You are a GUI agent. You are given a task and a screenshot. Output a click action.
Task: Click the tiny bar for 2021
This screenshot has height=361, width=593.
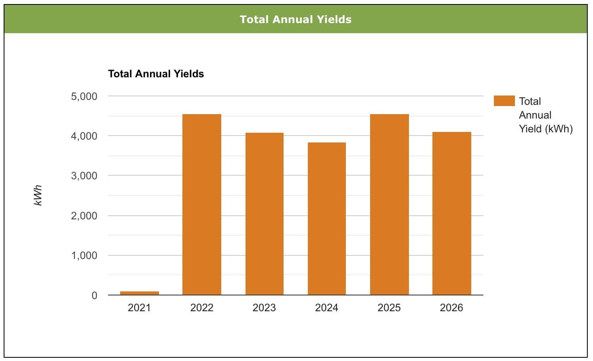click(140, 293)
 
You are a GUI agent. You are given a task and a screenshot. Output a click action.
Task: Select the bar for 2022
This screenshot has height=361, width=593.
click(202, 204)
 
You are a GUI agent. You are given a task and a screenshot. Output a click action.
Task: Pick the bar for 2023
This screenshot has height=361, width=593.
click(265, 214)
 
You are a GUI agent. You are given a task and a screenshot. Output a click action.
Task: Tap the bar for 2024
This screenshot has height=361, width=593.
click(327, 219)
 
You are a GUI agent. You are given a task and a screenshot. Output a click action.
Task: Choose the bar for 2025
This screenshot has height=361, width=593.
click(390, 204)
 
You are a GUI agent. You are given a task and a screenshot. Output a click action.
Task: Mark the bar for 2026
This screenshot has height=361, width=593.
click(452, 213)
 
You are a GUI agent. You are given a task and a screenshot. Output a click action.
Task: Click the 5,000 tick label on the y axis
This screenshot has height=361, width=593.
click(84, 96)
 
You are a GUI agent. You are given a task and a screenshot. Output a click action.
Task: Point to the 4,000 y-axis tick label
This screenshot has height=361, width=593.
click(84, 136)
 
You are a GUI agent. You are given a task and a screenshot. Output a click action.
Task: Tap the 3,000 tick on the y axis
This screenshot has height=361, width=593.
click(84, 176)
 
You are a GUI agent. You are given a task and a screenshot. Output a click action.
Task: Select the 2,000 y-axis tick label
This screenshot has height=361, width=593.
click(84, 216)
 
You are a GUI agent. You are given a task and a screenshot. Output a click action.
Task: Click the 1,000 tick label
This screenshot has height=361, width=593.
click(84, 256)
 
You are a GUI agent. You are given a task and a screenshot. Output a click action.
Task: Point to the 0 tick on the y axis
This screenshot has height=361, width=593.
click(95, 295)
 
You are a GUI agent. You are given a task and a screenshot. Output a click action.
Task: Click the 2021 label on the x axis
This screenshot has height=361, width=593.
click(139, 308)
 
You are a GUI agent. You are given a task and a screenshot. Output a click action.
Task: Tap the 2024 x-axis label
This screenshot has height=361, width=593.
click(326, 308)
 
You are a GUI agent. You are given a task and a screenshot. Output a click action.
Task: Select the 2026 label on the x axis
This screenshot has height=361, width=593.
click(451, 308)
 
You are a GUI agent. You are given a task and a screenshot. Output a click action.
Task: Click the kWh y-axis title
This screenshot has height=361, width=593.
click(38, 195)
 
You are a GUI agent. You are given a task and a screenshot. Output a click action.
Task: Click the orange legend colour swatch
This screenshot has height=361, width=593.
click(504, 101)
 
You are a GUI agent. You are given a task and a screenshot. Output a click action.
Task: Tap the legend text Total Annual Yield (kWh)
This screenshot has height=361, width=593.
click(546, 115)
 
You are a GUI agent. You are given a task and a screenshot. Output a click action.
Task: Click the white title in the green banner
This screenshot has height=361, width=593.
click(295, 19)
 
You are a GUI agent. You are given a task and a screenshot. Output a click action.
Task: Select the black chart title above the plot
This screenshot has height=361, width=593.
click(156, 74)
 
